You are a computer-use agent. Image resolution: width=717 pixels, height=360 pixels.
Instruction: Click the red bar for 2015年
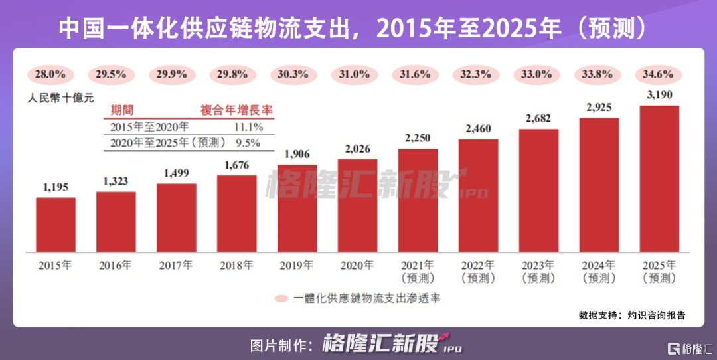coord(56,225)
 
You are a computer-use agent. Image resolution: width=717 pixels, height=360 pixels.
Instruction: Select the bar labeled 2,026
coord(357,205)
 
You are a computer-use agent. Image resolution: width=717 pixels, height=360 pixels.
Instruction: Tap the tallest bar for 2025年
coord(659,179)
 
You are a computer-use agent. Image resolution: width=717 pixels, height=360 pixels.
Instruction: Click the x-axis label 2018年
coord(236,265)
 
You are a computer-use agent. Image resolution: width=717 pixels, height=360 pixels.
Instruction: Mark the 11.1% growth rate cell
coord(248,126)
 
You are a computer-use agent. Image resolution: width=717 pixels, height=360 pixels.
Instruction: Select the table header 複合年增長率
coord(236,110)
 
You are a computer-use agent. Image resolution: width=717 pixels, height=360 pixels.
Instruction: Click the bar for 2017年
coord(177,217)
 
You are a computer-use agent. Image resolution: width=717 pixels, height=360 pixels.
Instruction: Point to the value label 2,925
coord(599,106)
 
